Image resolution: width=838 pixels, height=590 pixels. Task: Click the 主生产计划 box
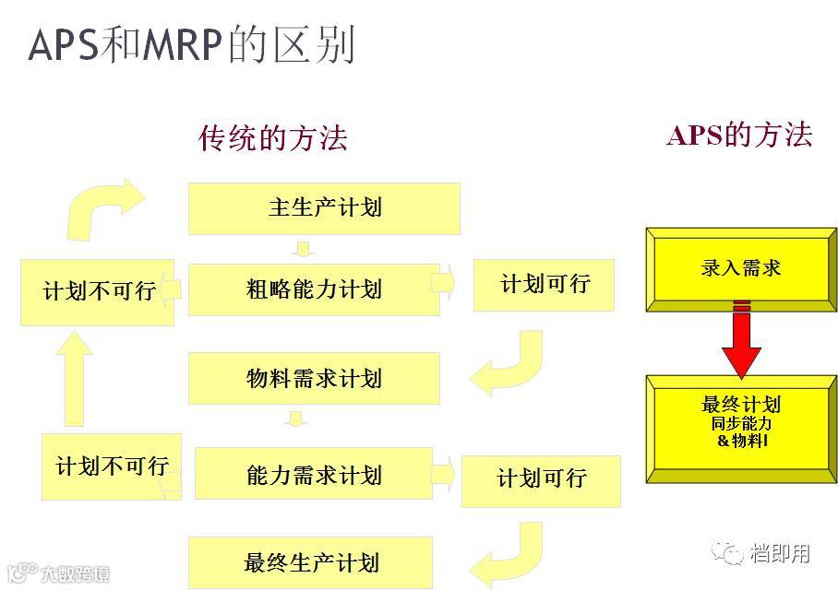pos(324,208)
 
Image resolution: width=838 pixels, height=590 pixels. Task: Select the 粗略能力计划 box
pos(314,289)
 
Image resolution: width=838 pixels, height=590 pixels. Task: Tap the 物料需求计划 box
pos(314,378)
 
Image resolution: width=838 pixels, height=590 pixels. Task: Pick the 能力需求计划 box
pos(314,474)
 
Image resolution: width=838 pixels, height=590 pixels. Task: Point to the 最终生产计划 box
pos(311,562)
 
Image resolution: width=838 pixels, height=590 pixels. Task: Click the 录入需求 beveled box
pos(740,268)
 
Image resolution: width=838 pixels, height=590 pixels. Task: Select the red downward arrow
pos(740,341)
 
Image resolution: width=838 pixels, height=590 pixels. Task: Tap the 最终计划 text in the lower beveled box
pos(740,405)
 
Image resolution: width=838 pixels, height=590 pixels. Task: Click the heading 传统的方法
pos(273,138)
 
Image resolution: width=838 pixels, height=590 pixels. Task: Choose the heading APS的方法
pos(739,136)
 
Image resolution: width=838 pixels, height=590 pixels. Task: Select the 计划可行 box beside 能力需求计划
pos(541,479)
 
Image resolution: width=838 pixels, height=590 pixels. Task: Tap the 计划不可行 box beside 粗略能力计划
pos(98,291)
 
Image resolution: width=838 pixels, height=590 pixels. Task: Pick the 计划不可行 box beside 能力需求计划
pos(112,466)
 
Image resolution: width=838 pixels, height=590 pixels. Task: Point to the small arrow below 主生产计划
pos(303,248)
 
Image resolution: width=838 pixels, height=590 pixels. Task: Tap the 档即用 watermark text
pos(780,553)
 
